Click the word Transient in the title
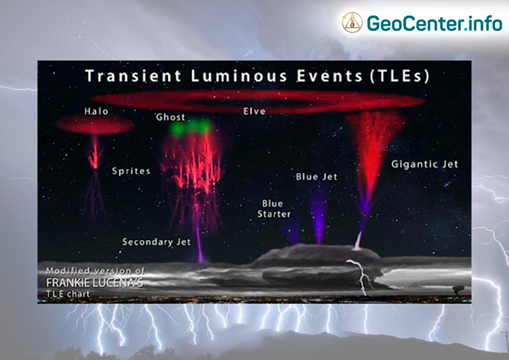tap(133, 76)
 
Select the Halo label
tap(96, 111)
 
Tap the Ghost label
tap(170, 117)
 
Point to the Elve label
tap(254, 111)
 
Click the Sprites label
tap(131, 171)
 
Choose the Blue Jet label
tap(317, 177)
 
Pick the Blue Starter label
tap(274, 209)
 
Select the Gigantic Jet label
tap(424, 164)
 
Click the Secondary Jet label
tap(157, 242)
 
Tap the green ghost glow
tap(191, 127)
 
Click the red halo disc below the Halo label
tap(95, 125)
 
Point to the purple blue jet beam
tap(319, 216)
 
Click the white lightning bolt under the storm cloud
tap(361, 276)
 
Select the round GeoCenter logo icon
tap(352, 22)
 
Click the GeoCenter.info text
tap(434, 24)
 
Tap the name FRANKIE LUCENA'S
tap(94, 283)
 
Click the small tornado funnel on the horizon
tap(459, 290)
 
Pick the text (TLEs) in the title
tap(400, 76)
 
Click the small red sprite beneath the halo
tap(95, 152)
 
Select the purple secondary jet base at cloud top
tap(201, 257)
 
